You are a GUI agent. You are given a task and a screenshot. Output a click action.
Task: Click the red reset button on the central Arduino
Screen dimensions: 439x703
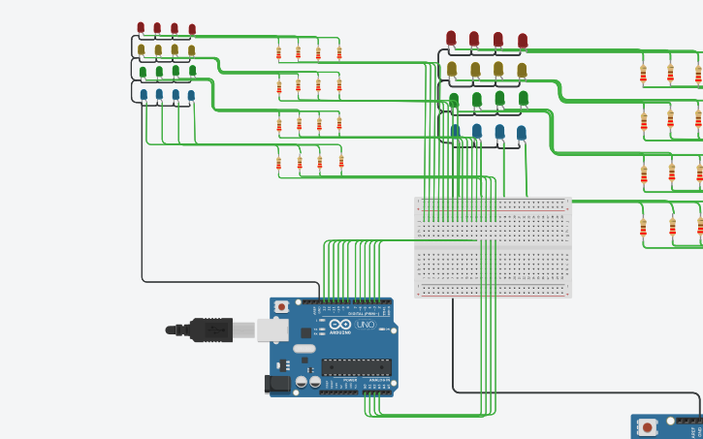coord(281,306)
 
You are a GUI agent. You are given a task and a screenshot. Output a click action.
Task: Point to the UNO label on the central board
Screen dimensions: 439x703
coord(366,326)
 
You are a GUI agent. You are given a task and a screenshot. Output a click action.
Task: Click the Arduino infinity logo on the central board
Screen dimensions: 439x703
coord(340,326)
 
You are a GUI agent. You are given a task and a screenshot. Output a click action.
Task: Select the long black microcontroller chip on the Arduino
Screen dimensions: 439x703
coord(356,366)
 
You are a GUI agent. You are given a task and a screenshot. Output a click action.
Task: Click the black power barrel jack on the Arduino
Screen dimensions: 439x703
coord(277,384)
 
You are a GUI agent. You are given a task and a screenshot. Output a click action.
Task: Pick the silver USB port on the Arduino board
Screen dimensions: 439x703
coord(272,330)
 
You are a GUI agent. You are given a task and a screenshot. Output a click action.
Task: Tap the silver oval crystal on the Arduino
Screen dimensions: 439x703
coord(304,348)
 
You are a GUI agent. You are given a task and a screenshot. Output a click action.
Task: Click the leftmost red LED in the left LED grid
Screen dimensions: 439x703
coord(141,28)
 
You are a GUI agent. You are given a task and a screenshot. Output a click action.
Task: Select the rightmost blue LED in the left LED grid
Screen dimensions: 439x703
coord(191,95)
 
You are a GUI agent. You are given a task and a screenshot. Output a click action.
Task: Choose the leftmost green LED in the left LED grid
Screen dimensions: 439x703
coord(143,72)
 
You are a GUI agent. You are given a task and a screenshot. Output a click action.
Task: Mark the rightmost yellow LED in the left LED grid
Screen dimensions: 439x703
coord(191,50)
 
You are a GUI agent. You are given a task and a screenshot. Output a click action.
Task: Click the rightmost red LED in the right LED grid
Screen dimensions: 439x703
coord(523,41)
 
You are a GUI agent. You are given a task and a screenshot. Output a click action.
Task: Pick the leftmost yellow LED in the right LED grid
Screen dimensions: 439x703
coord(452,69)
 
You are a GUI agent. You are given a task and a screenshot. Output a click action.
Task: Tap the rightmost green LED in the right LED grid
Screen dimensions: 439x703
coord(524,98)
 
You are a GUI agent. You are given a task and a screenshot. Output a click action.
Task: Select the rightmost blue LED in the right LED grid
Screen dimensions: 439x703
coord(521,133)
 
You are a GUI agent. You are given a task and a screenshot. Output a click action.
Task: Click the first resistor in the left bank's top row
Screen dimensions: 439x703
coord(279,52)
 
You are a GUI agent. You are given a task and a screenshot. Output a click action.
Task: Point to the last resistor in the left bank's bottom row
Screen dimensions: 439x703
coord(341,162)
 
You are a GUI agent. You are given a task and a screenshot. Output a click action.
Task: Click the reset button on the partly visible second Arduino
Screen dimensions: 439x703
coord(647,426)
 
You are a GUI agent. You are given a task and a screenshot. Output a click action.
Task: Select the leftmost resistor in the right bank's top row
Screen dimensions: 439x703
coord(643,73)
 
